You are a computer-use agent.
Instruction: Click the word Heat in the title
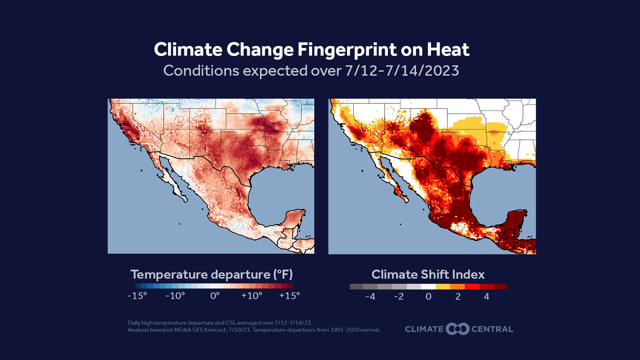coord(448,50)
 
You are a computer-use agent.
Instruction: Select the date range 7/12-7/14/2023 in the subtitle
coord(402,71)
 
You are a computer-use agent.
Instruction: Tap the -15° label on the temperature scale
coord(137,296)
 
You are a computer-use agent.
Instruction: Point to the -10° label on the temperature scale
coord(175,296)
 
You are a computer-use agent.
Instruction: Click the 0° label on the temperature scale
coord(215,296)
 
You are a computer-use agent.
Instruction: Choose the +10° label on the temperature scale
coord(252,296)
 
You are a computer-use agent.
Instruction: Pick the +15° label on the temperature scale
coord(289,296)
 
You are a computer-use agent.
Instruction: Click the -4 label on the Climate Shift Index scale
coord(370,296)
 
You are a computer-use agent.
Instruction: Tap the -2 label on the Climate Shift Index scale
coord(399,296)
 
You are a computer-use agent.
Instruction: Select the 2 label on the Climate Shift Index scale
coord(458,296)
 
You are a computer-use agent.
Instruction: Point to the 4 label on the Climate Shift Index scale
coord(486,296)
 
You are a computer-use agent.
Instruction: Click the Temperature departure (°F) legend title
coord(211,274)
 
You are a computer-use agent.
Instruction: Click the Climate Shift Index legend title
coord(428,274)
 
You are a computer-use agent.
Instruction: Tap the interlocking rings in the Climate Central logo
coord(457,329)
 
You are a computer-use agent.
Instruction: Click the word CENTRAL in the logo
coord(492,329)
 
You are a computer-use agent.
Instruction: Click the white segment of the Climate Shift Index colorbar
coord(428,287)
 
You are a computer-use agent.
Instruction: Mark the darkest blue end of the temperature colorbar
coord(138,286)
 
